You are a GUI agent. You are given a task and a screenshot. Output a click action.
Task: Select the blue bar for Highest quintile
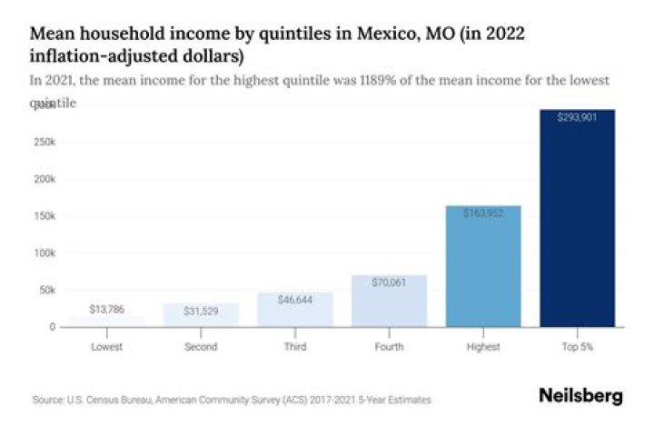coord(483,272)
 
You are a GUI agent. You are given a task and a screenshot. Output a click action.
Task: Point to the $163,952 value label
coord(483,213)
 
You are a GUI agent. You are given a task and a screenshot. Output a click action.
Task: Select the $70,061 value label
coord(389,282)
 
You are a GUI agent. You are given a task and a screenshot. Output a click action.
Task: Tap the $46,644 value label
coord(295,299)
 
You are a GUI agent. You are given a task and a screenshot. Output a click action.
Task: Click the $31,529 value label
coord(201,310)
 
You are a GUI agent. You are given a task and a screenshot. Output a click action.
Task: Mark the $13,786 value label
coord(107,310)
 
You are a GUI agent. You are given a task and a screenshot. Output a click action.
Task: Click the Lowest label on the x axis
coord(107,346)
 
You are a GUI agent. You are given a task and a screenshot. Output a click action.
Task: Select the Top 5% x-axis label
coord(577,346)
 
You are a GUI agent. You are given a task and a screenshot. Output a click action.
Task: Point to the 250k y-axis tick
coord(44,143)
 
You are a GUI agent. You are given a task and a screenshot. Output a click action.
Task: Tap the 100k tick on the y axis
coord(44,253)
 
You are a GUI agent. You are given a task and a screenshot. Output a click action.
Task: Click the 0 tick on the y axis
coord(53,326)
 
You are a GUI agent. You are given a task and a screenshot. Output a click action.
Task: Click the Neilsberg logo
coord(580,396)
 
